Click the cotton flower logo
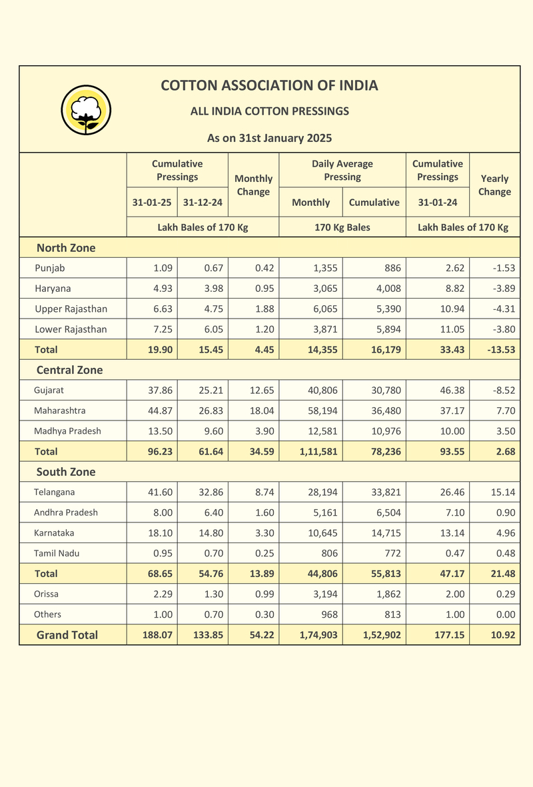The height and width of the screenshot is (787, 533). pos(86,110)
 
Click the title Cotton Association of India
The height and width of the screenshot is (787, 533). pos(270,85)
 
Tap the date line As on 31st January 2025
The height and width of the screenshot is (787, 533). pos(270,138)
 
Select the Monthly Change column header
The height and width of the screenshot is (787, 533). pos(253,185)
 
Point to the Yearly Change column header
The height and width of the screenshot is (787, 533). pos(494,185)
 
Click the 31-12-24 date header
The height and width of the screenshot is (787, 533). pos(203,203)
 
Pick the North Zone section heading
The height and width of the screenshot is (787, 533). pos(66,247)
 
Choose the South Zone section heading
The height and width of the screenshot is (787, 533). pos(66,472)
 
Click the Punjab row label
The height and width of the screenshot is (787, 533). pos(50,268)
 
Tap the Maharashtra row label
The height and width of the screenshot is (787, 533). pos(60,410)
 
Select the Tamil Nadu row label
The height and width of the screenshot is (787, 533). pos(57,553)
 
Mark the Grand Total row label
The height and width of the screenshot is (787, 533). pos(67,635)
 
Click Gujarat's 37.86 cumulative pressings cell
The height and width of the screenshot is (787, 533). pos(160,390)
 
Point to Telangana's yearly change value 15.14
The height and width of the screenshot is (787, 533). pos(503,492)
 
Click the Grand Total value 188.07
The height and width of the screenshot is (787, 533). pos(157,635)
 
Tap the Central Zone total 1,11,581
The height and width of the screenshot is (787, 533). pos(318,451)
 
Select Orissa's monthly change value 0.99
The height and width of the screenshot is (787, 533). pos(265,594)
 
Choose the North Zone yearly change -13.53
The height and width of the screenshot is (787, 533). pos(501,349)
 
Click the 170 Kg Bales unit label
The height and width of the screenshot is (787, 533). pos(342,227)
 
